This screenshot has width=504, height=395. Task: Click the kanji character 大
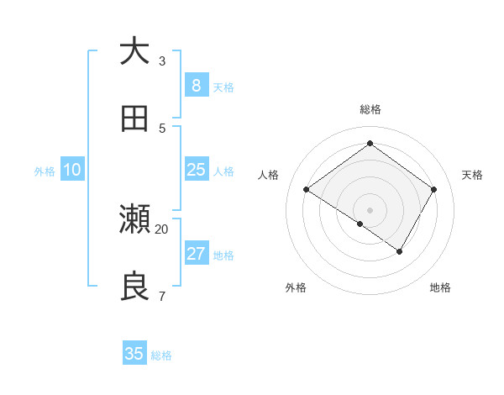(x=134, y=52)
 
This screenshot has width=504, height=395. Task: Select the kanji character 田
(x=134, y=118)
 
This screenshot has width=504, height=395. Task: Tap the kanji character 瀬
(x=134, y=220)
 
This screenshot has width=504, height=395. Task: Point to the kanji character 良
(x=134, y=287)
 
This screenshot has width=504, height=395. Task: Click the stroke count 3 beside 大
(x=162, y=61)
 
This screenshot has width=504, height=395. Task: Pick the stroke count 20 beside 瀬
(x=162, y=229)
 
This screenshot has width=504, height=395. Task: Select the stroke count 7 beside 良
(x=162, y=296)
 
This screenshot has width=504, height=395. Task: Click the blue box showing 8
(x=196, y=86)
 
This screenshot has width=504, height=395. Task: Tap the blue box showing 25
(x=196, y=170)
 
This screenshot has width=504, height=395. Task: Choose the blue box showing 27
(x=196, y=254)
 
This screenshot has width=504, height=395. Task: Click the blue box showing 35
(x=134, y=354)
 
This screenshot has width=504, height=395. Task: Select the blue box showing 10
(x=72, y=170)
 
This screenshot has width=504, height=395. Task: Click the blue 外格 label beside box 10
(x=45, y=171)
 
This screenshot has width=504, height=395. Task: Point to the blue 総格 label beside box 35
(x=161, y=355)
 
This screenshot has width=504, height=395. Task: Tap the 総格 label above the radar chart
(x=370, y=109)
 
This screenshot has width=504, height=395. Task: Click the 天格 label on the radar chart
(x=472, y=175)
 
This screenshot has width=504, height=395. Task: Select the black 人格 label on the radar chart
(x=269, y=175)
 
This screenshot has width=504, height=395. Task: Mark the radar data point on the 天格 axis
(x=433, y=190)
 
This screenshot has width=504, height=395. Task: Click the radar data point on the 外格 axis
(x=360, y=224)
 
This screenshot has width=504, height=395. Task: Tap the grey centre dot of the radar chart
(x=370, y=209)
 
